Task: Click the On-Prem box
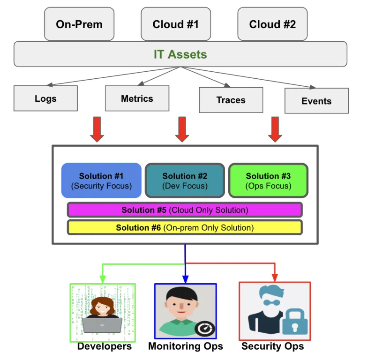click(x=79, y=24)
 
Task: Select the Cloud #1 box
click(x=175, y=24)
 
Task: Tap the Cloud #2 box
click(x=272, y=24)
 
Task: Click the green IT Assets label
click(x=180, y=54)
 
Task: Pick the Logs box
click(x=45, y=98)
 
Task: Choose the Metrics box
click(x=137, y=98)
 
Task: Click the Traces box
click(x=231, y=100)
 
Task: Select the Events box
click(x=316, y=101)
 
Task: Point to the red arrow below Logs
click(x=97, y=129)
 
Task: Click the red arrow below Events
click(x=275, y=129)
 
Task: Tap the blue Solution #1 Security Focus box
click(x=101, y=180)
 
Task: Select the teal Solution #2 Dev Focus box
click(x=185, y=180)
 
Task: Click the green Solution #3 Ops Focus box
click(x=268, y=180)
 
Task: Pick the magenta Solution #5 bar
click(x=185, y=210)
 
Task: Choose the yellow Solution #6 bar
click(x=185, y=228)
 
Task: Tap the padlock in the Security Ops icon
click(x=292, y=322)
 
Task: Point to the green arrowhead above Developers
click(x=102, y=280)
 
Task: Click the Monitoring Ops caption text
click(x=186, y=347)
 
